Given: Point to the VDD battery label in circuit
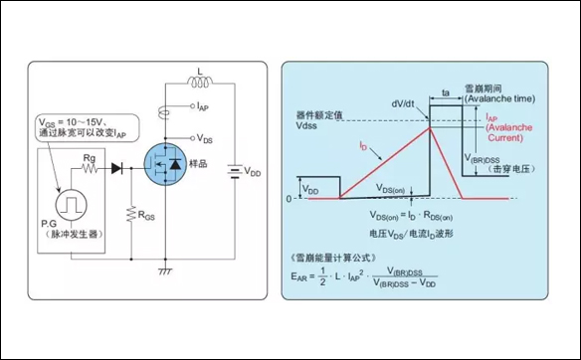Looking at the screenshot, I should pyautogui.click(x=254, y=171).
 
